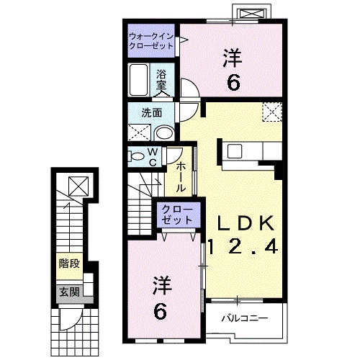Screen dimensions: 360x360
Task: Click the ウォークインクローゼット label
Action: tap(151, 40)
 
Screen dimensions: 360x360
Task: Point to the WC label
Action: tap(153, 157)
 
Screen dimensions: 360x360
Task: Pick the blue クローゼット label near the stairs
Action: tap(175, 214)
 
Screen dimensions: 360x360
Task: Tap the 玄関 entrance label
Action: tap(68, 293)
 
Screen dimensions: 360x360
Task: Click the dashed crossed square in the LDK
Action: tap(272, 112)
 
